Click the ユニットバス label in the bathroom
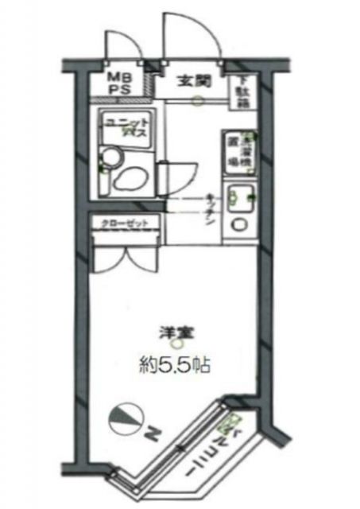pyautogui.click(x=124, y=127)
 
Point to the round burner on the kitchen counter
pyautogui.click(x=238, y=224)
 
